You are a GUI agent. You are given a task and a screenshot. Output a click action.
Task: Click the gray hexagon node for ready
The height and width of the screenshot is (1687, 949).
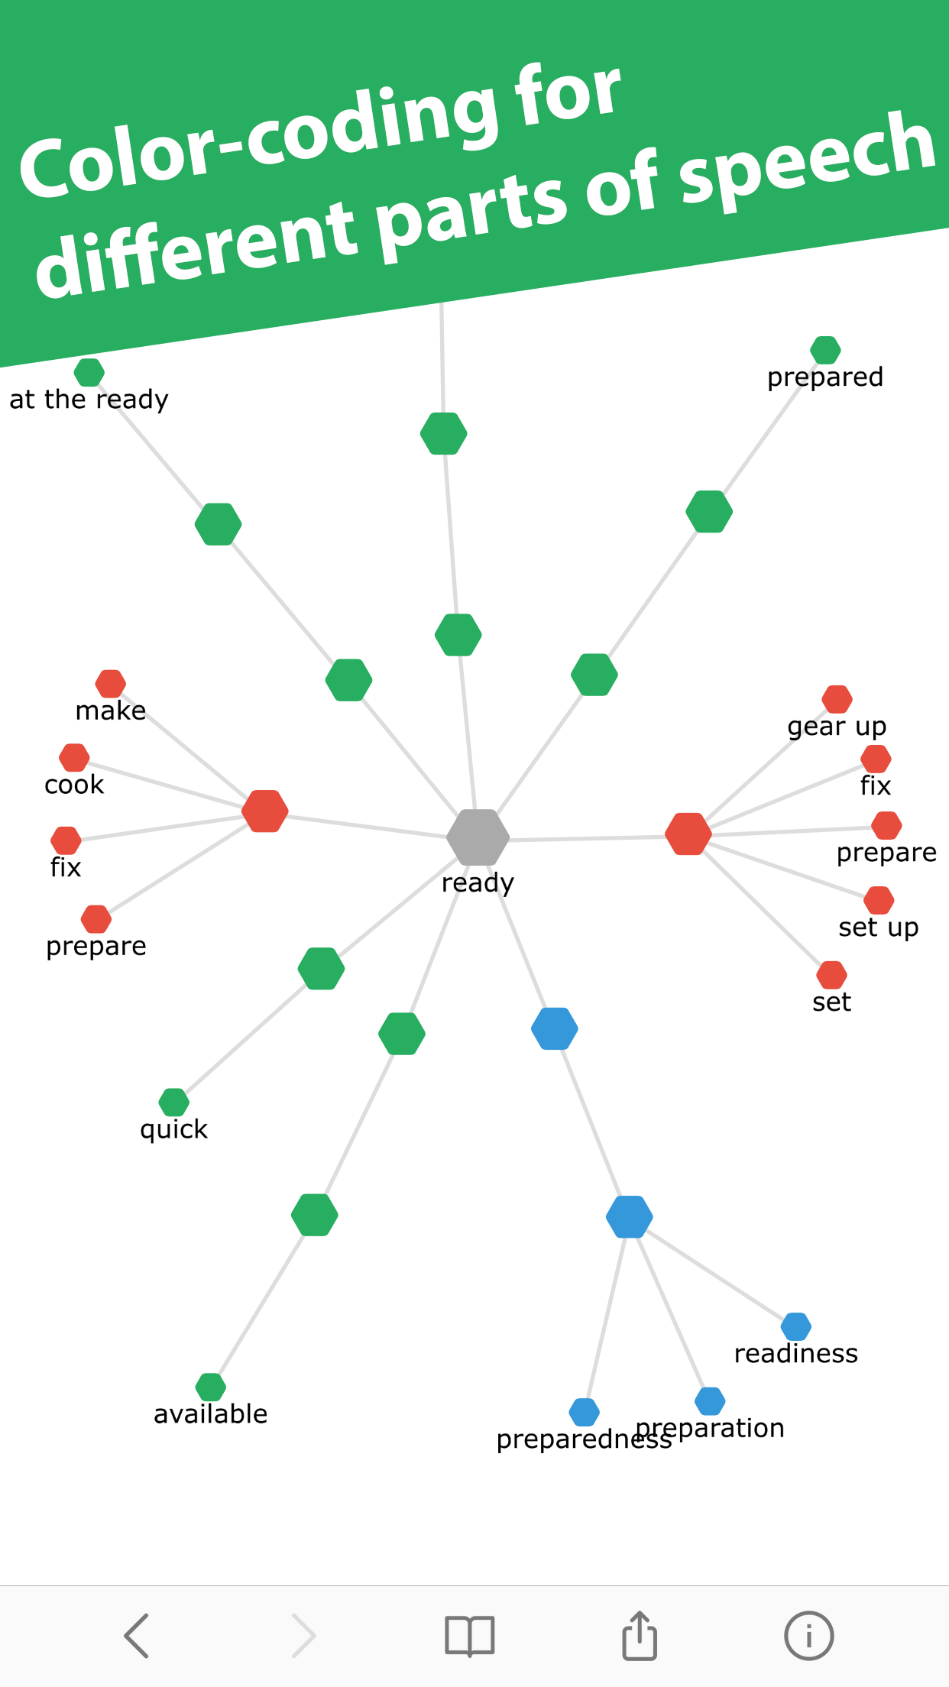tap(478, 837)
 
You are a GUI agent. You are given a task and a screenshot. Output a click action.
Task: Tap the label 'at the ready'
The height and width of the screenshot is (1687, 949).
tap(89, 399)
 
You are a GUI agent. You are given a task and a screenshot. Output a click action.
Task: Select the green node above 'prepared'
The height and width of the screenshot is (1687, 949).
tap(825, 351)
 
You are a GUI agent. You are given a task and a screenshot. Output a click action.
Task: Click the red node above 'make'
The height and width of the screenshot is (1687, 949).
tap(111, 684)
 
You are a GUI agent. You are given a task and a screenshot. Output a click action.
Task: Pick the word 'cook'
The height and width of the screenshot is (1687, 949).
tap(74, 785)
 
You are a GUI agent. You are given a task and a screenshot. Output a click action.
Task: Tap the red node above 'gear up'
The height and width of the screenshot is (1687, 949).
tap(837, 699)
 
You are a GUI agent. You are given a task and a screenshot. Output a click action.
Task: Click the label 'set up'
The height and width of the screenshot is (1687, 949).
tap(878, 928)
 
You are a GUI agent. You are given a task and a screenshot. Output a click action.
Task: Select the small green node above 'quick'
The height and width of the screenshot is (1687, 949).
tap(173, 1102)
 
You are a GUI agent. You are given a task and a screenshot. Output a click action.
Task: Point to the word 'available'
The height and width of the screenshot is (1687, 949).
tap(210, 1414)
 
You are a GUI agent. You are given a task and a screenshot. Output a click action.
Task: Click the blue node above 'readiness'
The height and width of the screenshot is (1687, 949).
tap(795, 1326)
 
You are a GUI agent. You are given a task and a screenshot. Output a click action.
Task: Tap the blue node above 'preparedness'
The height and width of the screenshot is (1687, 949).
tap(584, 1412)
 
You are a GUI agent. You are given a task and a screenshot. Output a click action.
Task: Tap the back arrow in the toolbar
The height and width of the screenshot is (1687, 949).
tap(137, 1636)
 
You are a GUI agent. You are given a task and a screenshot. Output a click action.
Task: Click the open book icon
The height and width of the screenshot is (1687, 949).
tap(470, 1636)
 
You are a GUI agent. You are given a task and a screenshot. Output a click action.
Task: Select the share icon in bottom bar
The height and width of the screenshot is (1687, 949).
tap(640, 1636)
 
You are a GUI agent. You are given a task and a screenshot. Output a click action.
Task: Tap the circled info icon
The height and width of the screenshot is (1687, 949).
tap(808, 1636)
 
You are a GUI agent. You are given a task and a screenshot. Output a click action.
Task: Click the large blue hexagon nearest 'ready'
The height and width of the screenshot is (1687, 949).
tap(555, 1028)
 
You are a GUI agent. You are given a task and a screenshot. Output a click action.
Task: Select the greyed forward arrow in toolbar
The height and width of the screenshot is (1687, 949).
tap(304, 1636)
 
